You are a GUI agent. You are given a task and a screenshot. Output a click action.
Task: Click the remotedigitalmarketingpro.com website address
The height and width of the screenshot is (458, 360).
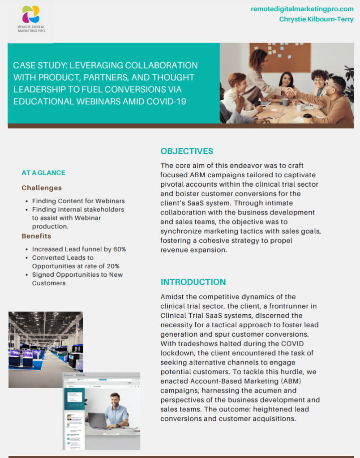tap(302, 9)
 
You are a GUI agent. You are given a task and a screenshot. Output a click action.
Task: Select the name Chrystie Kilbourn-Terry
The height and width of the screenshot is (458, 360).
tap(317, 19)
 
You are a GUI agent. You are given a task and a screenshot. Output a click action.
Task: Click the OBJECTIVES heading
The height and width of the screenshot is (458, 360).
tap(187, 151)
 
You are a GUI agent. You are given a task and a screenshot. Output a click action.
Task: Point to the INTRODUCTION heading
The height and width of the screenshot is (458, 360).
tap(193, 282)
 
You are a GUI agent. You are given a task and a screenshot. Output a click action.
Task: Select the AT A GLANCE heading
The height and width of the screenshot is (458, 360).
tap(43, 173)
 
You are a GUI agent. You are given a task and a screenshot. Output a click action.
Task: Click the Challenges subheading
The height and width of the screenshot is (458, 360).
tap(42, 188)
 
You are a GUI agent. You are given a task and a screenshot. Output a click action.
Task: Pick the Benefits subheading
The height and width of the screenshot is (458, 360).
tap(36, 236)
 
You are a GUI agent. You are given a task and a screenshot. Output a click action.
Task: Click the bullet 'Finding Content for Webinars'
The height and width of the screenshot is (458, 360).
tap(78, 201)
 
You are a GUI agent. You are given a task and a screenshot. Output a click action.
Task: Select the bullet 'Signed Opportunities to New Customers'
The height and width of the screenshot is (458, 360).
tap(77, 279)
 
